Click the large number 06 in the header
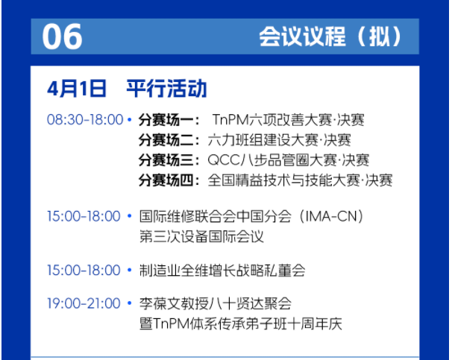pos(62,37)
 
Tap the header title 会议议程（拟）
pos(330,37)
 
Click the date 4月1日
pos(77,89)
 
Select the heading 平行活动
pos(166,89)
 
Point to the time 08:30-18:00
pos(85,119)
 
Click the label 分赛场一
pos(166,120)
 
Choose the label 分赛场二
pos(166,140)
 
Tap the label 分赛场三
pos(166,160)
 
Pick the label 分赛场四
pos(166,181)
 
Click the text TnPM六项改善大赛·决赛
pos(288,120)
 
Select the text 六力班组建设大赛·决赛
pos(279,140)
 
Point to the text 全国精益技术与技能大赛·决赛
pos(300,181)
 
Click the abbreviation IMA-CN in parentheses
pos(331,216)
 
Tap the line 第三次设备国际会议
pos(201,237)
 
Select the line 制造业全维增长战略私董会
pos(222,271)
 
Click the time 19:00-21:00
pos(84,303)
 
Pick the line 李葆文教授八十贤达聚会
pos(216,303)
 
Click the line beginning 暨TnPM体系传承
pos(241,324)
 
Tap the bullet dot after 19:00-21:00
pos(130,303)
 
